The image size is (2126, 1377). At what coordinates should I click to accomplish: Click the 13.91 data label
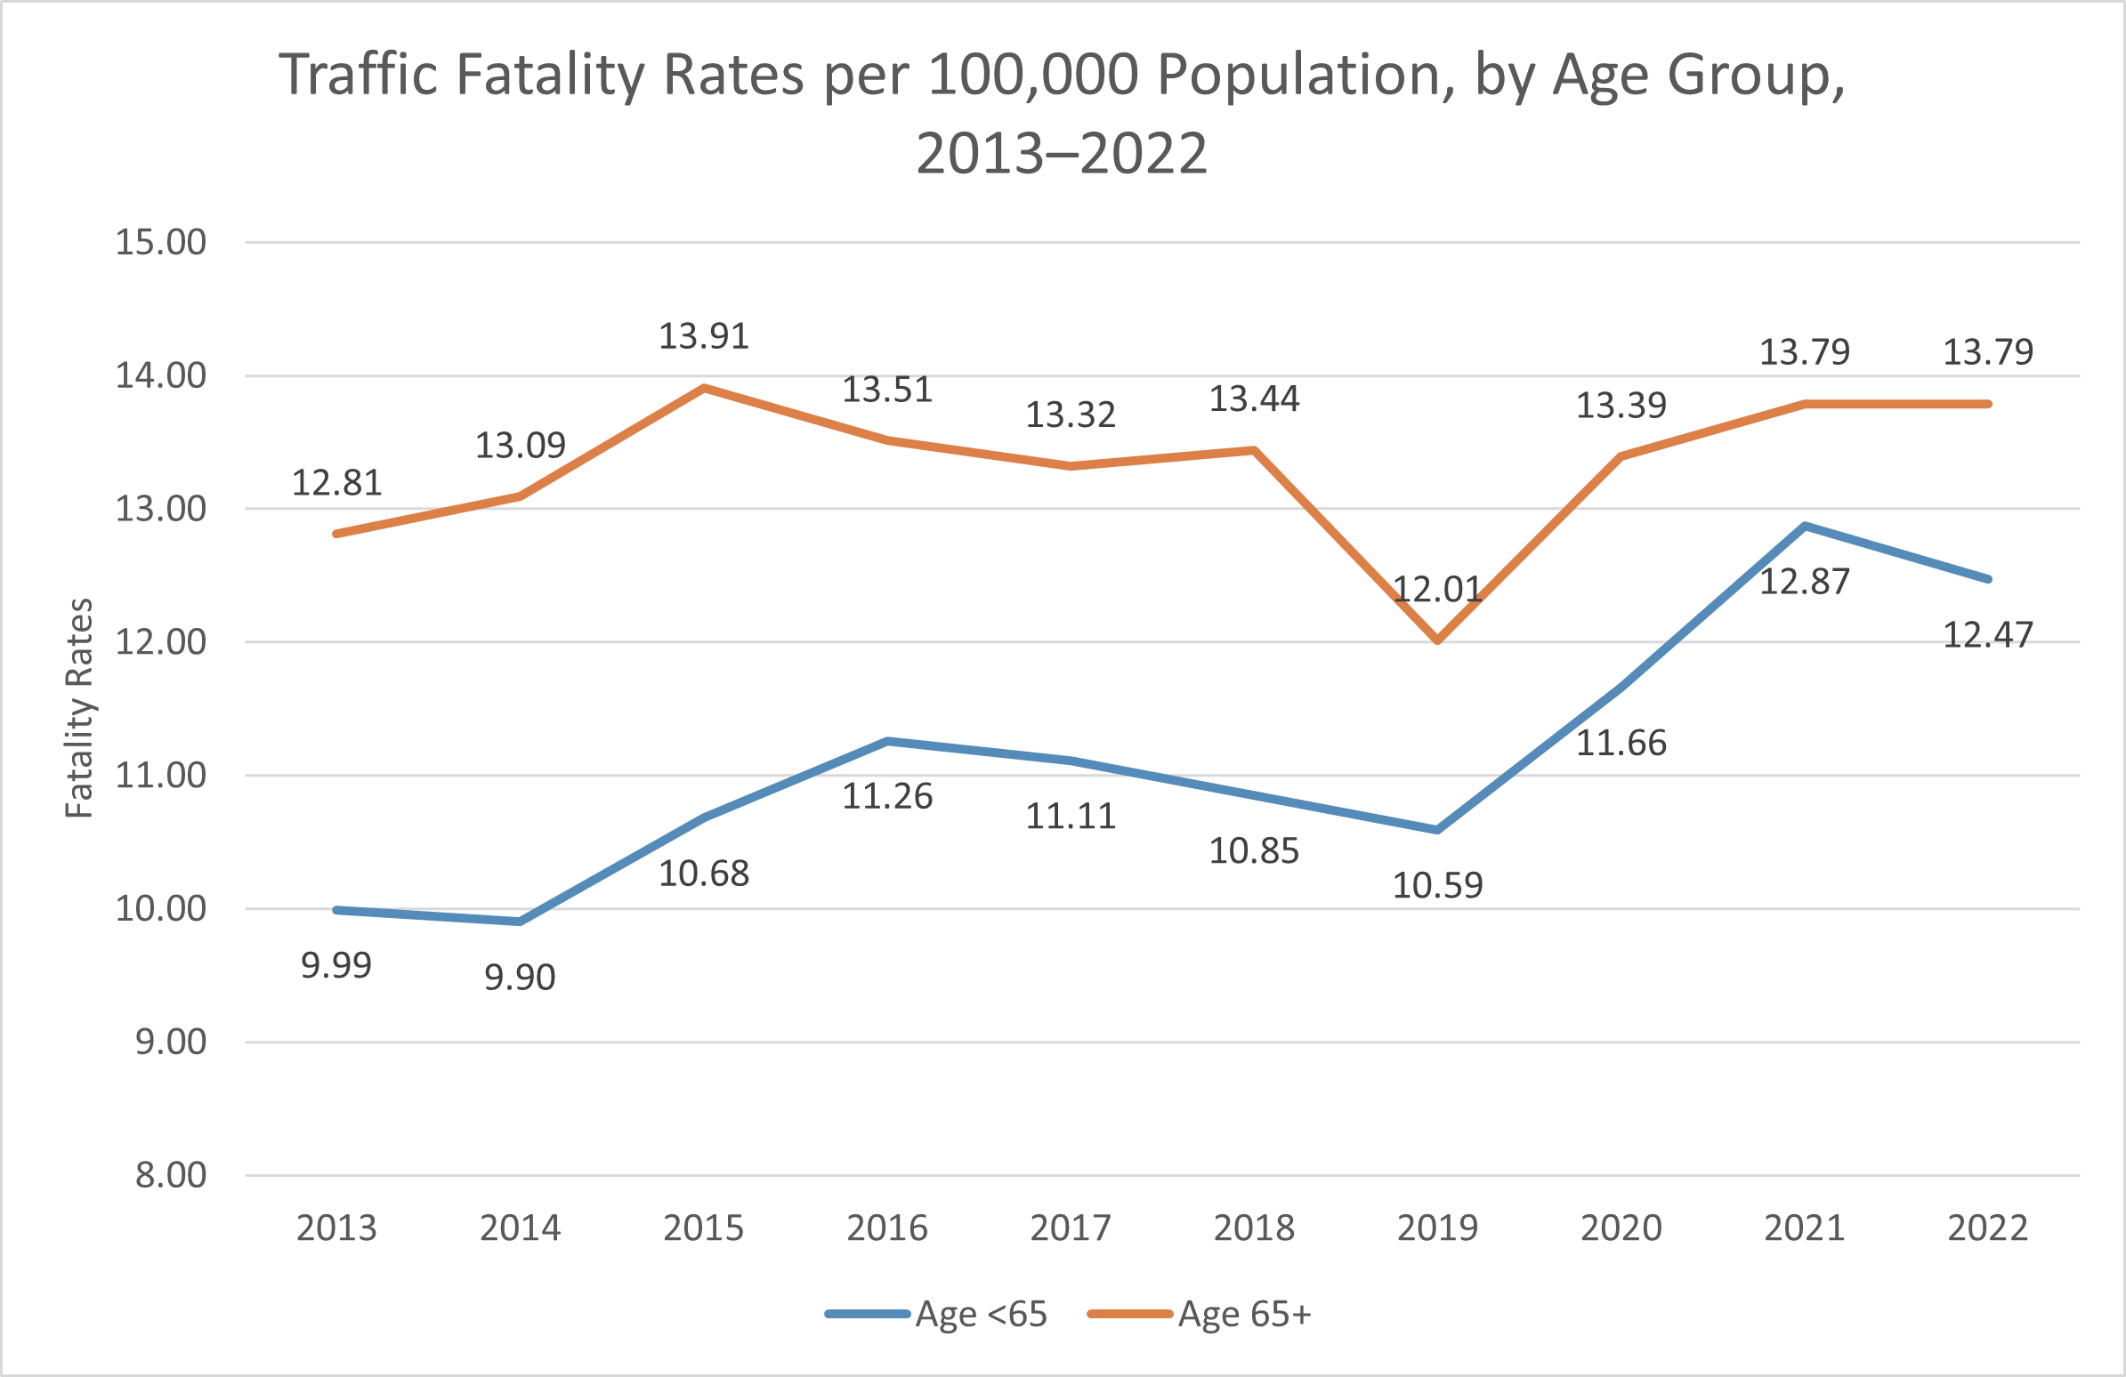(x=704, y=336)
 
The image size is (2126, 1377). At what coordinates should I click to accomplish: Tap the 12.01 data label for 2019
(x=1437, y=590)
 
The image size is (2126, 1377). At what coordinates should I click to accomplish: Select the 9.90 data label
(x=520, y=978)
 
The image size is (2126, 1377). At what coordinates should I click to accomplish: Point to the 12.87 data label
(x=1805, y=583)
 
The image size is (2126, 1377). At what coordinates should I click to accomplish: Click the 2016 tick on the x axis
(x=887, y=1228)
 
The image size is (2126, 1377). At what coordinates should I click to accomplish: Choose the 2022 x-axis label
(x=1987, y=1228)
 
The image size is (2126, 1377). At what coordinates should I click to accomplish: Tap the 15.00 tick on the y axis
(x=161, y=243)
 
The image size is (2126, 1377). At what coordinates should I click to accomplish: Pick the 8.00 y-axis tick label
(x=171, y=1175)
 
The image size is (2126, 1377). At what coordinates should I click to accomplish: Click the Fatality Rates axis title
(x=79, y=708)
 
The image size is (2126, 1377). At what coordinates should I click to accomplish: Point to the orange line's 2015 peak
(x=704, y=389)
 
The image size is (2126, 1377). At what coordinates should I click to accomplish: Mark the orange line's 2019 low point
(x=1437, y=641)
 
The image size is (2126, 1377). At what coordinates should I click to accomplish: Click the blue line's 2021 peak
(x=1805, y=526)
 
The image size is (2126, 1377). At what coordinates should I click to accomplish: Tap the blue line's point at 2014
(x=520, y=922)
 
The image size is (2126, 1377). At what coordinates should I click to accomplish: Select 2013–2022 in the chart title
(x=1061, y=154)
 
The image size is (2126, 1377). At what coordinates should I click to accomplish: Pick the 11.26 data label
(x=887, y=796)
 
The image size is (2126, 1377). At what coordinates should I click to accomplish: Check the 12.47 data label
(x=1987, y=636)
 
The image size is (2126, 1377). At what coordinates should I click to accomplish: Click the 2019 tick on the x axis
(x=1437, y=1228)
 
